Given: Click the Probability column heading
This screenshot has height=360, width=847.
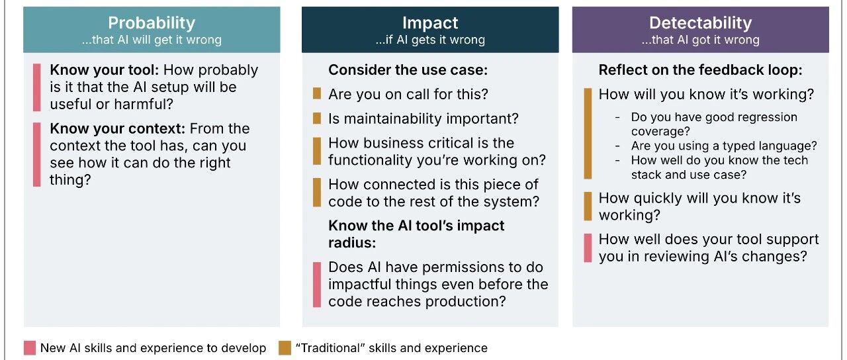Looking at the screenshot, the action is coord(152,23).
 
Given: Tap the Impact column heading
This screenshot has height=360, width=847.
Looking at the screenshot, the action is coord(429,23).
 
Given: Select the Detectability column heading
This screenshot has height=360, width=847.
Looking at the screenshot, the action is coord(700,23).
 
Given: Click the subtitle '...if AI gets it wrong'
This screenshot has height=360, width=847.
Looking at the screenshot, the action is coord(429,40).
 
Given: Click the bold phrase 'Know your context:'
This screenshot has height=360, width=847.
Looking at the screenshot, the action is coord(116,128).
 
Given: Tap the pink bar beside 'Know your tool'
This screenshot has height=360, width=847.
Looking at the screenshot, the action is coord(37,87).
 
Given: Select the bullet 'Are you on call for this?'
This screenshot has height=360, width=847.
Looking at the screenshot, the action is coord(408,95).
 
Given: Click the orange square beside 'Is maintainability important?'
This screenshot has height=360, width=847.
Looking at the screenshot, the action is coord(317,119).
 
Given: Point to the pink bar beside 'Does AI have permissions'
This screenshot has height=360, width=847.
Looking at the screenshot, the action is coord(317,285).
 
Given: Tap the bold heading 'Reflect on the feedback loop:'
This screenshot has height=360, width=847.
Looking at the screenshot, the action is coord(700,70).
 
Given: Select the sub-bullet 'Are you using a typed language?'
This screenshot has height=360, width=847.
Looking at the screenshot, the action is coord(724,146).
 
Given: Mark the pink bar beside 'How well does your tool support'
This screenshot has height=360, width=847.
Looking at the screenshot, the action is coord(588,248).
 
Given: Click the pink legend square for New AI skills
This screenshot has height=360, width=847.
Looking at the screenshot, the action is coord(29,348).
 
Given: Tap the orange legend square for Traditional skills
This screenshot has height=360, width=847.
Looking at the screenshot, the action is coord(285,348).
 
